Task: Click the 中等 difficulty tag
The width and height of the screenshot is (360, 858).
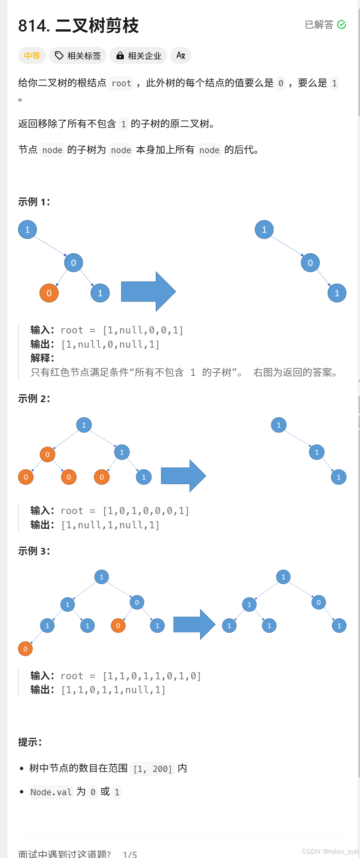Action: [x=32, y=56]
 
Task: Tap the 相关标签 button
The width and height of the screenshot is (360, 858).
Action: [x=78, y=56]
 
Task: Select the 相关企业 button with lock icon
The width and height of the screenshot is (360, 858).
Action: [x=139, y=56]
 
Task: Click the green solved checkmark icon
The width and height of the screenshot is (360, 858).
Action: [x=342, y=25]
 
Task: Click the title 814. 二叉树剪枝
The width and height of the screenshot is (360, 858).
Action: [x=78, y=26]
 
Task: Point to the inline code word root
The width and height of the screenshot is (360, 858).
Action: [x=121, y=83]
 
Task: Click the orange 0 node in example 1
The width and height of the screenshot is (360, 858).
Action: [x=49, y=293]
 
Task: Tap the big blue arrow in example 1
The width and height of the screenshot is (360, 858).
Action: [x=148, y=291]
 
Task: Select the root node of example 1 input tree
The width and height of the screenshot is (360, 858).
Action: [x=27, y=229]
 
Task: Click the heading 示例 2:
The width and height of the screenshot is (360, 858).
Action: [x=34, y=398]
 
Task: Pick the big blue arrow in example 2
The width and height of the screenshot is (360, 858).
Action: [x=183, y=476]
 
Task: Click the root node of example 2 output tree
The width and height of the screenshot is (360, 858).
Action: [x=279, y=425]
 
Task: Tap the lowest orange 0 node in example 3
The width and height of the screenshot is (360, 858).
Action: [x=26, y=649]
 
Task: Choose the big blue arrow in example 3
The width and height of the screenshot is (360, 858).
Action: [x=194, y=624]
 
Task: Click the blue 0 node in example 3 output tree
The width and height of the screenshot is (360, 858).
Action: [x=319, y=603]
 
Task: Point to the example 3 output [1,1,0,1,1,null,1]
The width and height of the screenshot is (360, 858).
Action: [x=113, y=690]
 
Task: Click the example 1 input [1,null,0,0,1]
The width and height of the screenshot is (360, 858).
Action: [x=143, y=330]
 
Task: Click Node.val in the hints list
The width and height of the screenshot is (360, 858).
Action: [x=51, y=792]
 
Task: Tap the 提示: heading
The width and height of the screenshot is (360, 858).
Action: [x=30, y=742]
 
